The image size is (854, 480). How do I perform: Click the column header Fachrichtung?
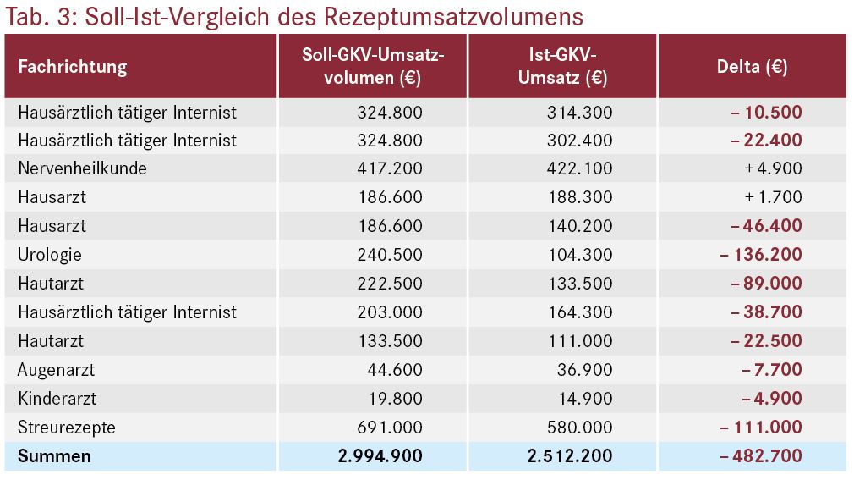[x=73, y=67]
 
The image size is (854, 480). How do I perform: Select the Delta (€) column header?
[x=753, y=67]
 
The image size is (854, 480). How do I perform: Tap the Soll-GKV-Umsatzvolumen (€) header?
[x=373, y=67]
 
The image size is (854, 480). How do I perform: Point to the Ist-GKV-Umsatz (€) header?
[x=562, y=67]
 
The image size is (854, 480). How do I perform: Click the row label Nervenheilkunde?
[x=82, y=168]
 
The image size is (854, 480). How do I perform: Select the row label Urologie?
[x=50, y=255]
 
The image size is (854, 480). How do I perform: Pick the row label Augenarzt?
[x=56, y=370]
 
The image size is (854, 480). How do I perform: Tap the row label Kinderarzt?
[x=57, y=398]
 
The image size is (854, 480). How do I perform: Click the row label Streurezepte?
[x=67, y=428]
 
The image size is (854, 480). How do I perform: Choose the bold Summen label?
[x=54, y=456]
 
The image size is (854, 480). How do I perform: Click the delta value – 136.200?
[x=761, y=254]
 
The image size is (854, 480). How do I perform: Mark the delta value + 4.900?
[x=774, y=168]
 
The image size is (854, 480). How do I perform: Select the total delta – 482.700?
[x=761, y=456]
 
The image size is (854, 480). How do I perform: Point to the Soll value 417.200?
[x=390, y=168]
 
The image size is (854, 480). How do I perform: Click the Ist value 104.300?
[x=580, y=254]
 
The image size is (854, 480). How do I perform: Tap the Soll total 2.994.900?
[x=380, y=456]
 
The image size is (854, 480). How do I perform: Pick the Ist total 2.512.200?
[x=570, y=456]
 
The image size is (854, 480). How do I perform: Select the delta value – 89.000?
[x=766, y=283]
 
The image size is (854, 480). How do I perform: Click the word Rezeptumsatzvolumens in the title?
[x=453, y=16]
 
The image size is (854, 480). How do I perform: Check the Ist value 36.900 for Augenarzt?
[x=585, y=370]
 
